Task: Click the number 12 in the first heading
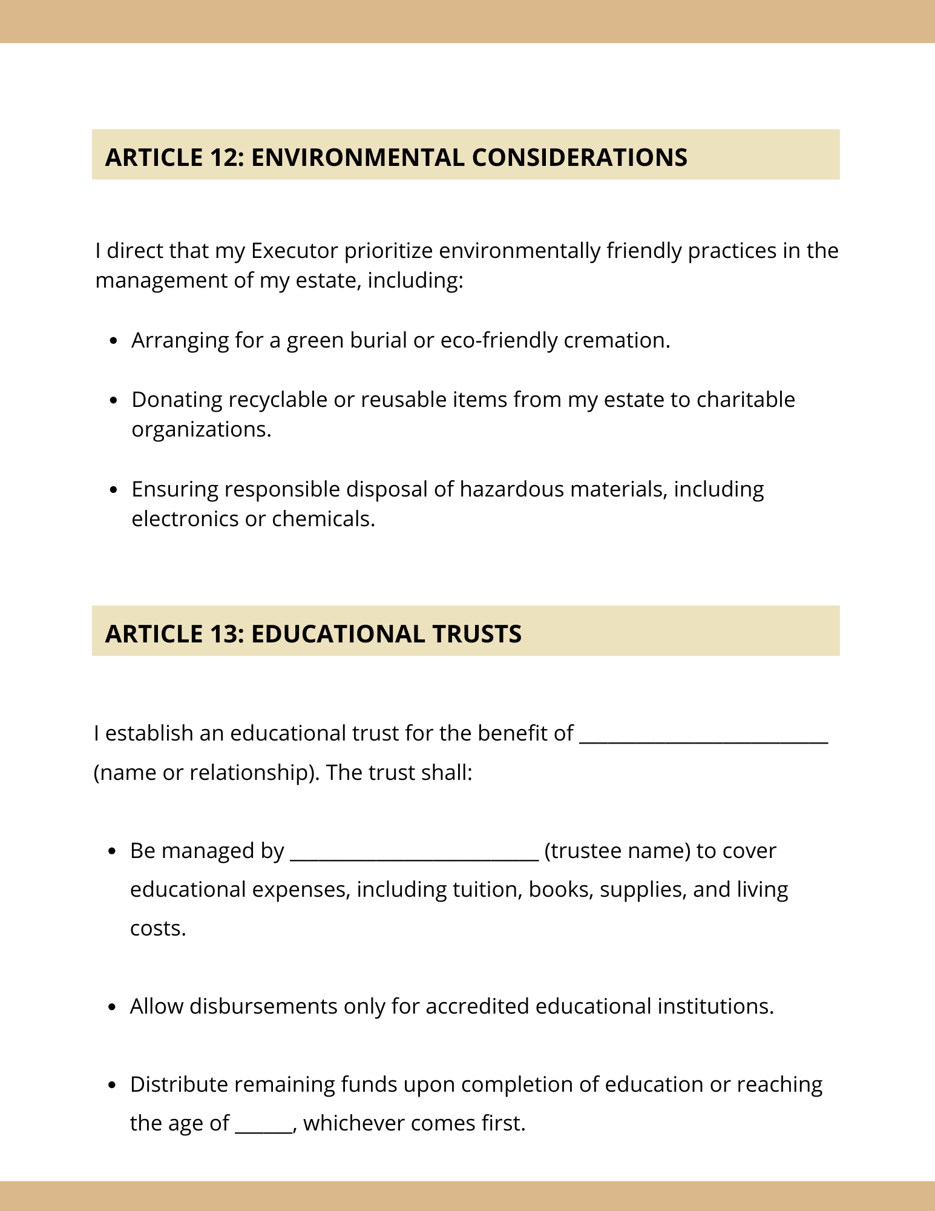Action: click(226, 157)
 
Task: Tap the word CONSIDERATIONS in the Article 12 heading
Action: click(579, 157)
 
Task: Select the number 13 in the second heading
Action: click(226, 634)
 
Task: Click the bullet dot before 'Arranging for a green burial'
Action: click(114, 342)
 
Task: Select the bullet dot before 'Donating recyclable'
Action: click(114, 401)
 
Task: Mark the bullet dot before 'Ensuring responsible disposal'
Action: click(114, 490)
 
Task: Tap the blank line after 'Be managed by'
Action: click(415, 858)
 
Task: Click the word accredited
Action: click(477, 1006)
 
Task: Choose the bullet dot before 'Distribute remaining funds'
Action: click(113, 1085)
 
